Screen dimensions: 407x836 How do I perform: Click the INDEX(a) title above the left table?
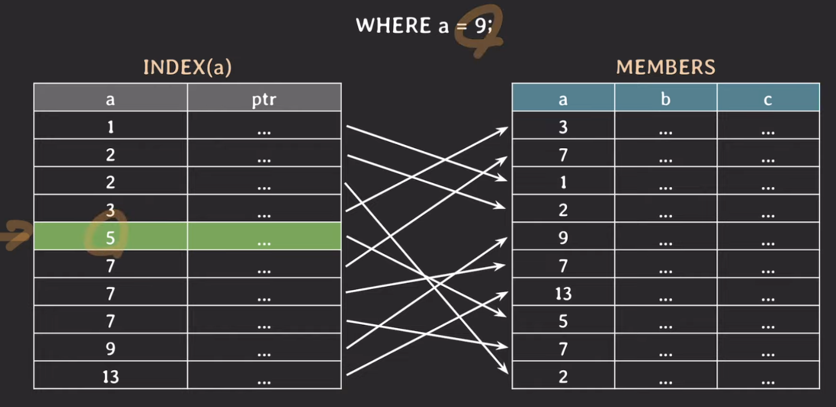[187, 67]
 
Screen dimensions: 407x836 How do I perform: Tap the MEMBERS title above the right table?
[666, 67]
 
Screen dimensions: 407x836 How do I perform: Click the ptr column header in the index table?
[264, 99]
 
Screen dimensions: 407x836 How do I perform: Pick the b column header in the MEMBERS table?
[666, 99]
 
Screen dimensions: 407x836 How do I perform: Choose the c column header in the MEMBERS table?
[768, 99]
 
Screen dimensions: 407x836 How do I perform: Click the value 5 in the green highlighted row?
[110, 238]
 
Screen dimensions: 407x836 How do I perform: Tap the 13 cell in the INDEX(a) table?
[110, 377]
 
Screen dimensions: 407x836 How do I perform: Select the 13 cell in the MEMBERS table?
[563, 293]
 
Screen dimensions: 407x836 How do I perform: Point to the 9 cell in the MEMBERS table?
[563, 238]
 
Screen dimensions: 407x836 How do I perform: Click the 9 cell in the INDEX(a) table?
[110, 349]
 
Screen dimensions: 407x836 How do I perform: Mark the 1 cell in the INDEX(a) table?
[110, 127]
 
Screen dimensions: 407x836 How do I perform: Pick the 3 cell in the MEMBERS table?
[563, 127]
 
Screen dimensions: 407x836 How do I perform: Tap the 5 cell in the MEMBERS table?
[563, 321]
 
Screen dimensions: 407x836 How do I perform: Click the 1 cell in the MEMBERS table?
[563, 182]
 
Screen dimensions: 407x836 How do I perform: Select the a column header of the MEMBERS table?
[563, 99]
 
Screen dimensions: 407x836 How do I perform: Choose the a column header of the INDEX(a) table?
[110, 99]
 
